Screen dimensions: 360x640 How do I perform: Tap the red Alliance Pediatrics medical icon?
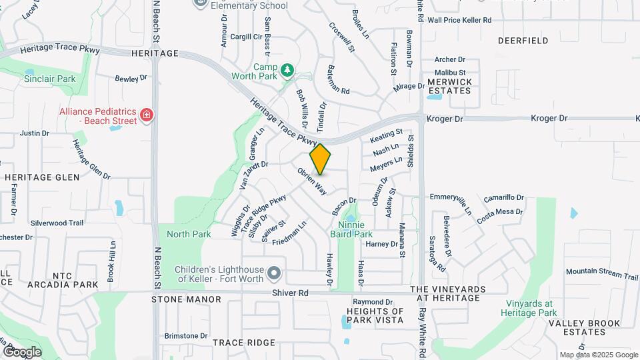coord(147,116)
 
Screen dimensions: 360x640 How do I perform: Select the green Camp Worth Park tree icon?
coord(287,69)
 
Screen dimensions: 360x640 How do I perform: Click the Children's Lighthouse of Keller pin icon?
coord(273,274)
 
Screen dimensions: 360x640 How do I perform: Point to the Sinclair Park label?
coord(49,79)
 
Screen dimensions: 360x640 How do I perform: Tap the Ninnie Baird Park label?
coord(351,229)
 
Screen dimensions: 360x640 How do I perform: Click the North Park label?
coord(189,234)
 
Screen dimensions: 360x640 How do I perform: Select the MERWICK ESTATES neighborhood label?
coord(450,86)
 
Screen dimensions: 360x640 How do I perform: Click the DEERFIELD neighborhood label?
coord(523,41)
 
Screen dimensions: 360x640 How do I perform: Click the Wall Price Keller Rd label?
coord(459,21)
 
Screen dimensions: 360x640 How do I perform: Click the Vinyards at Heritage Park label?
coord(530,308)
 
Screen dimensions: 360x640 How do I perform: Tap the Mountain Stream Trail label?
coord(601,273)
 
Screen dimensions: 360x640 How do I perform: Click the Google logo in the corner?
coord(22,351)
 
